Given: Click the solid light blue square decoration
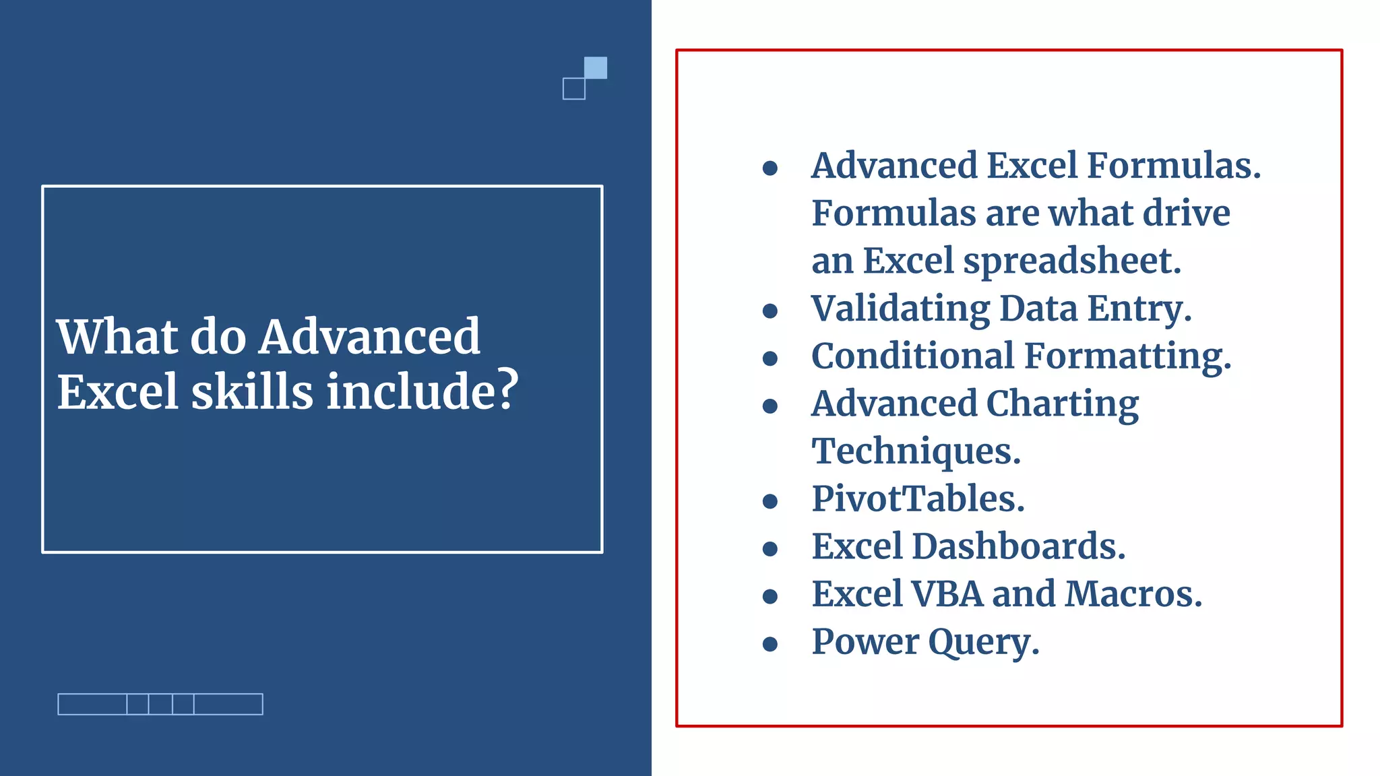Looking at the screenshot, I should (595, 68).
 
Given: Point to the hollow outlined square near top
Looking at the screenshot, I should (574, 89).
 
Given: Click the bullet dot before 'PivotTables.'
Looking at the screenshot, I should (770, 501).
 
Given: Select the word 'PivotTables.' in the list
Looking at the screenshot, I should (918, 499).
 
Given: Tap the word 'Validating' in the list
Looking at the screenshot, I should (900, 309).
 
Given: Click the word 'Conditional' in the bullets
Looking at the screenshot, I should (912, 356).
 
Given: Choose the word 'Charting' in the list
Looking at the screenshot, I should (1063, 404).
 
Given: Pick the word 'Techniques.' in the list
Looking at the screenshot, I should (916, 451).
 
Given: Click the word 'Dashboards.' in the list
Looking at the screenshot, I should (1018, 546).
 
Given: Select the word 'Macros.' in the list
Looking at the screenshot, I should (1133, 594).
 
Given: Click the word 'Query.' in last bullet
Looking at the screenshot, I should (984, 643).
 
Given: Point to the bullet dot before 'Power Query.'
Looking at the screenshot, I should (770, 644).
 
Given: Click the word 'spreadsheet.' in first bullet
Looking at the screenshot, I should (1072, 261).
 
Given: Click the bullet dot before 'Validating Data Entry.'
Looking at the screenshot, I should (770, 311).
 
